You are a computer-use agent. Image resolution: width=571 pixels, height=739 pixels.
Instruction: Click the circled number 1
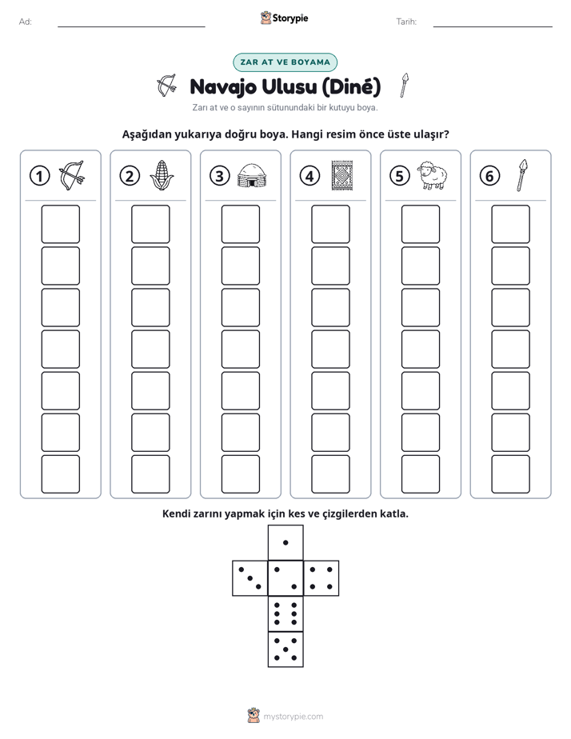pos(39,176)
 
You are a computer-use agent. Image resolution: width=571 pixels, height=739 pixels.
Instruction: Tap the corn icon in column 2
pos(162,175)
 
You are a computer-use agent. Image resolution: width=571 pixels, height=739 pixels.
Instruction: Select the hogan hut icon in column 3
pos(252,176)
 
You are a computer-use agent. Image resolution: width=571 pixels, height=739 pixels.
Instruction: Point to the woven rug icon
pos(342,176)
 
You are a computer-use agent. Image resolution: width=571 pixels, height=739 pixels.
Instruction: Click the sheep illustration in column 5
pos(433,176)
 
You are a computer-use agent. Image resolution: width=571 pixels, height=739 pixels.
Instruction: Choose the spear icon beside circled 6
pos(522,175)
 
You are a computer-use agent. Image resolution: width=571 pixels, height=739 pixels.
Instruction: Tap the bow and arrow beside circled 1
pos(72,176)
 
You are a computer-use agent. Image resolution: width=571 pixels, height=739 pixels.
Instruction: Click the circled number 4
pos(309,176)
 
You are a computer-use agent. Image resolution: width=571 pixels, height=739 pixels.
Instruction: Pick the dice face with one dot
pos(285,542)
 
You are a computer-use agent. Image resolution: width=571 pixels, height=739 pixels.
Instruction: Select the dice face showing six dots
pos(285,613)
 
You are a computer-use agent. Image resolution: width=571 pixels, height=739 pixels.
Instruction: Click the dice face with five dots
pos(285,649)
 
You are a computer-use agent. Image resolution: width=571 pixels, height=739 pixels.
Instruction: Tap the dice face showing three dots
pos(250,578)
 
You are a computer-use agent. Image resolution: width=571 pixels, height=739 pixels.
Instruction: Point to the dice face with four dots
pos(321,578)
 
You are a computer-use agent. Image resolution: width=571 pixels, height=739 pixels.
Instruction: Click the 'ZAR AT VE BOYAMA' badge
pos(285,62)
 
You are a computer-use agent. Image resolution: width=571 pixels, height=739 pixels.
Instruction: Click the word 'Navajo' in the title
pos(223,87)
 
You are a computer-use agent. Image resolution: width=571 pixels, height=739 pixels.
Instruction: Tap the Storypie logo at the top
pos(285,18)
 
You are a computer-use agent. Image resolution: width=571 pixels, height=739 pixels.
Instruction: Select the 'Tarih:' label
pos(406,22)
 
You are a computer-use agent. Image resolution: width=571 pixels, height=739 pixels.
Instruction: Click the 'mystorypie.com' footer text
pos(293,717)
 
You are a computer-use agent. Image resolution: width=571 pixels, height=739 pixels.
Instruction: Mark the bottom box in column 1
pos(60,474)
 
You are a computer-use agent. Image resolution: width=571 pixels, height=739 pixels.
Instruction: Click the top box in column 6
pos(510,224)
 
